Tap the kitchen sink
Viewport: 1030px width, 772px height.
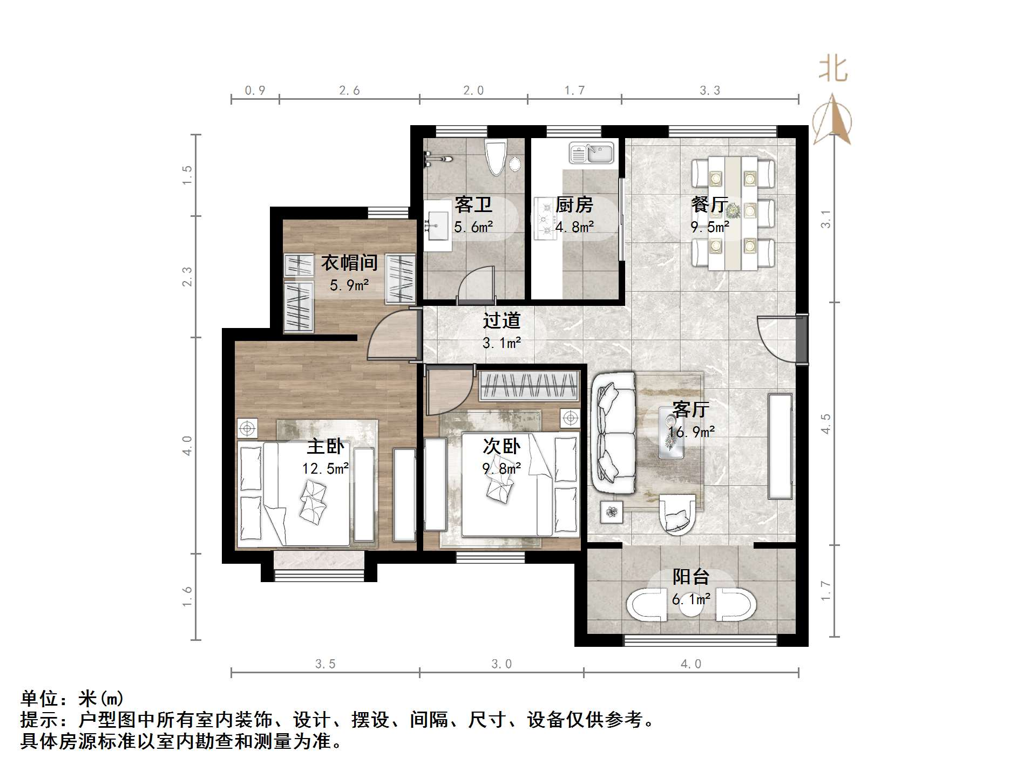tap(591, 153)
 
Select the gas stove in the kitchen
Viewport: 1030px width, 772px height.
tap(545, 218)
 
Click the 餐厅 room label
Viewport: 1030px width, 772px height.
tap(709, 204)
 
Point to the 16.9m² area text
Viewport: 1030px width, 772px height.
tap(691, 432)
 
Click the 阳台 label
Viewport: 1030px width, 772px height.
tap(690, 577)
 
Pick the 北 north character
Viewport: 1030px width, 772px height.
tap(833, 70)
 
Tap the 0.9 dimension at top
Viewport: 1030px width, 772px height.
tap(255, 91)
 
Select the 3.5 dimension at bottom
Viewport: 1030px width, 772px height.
tap(325, 664)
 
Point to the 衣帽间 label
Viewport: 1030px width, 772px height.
tap(349, 263)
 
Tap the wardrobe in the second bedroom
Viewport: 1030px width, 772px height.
tap(529, 386)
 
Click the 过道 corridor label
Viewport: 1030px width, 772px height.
tap(502, 320)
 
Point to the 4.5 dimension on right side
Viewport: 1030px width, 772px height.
tap(825, 424)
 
